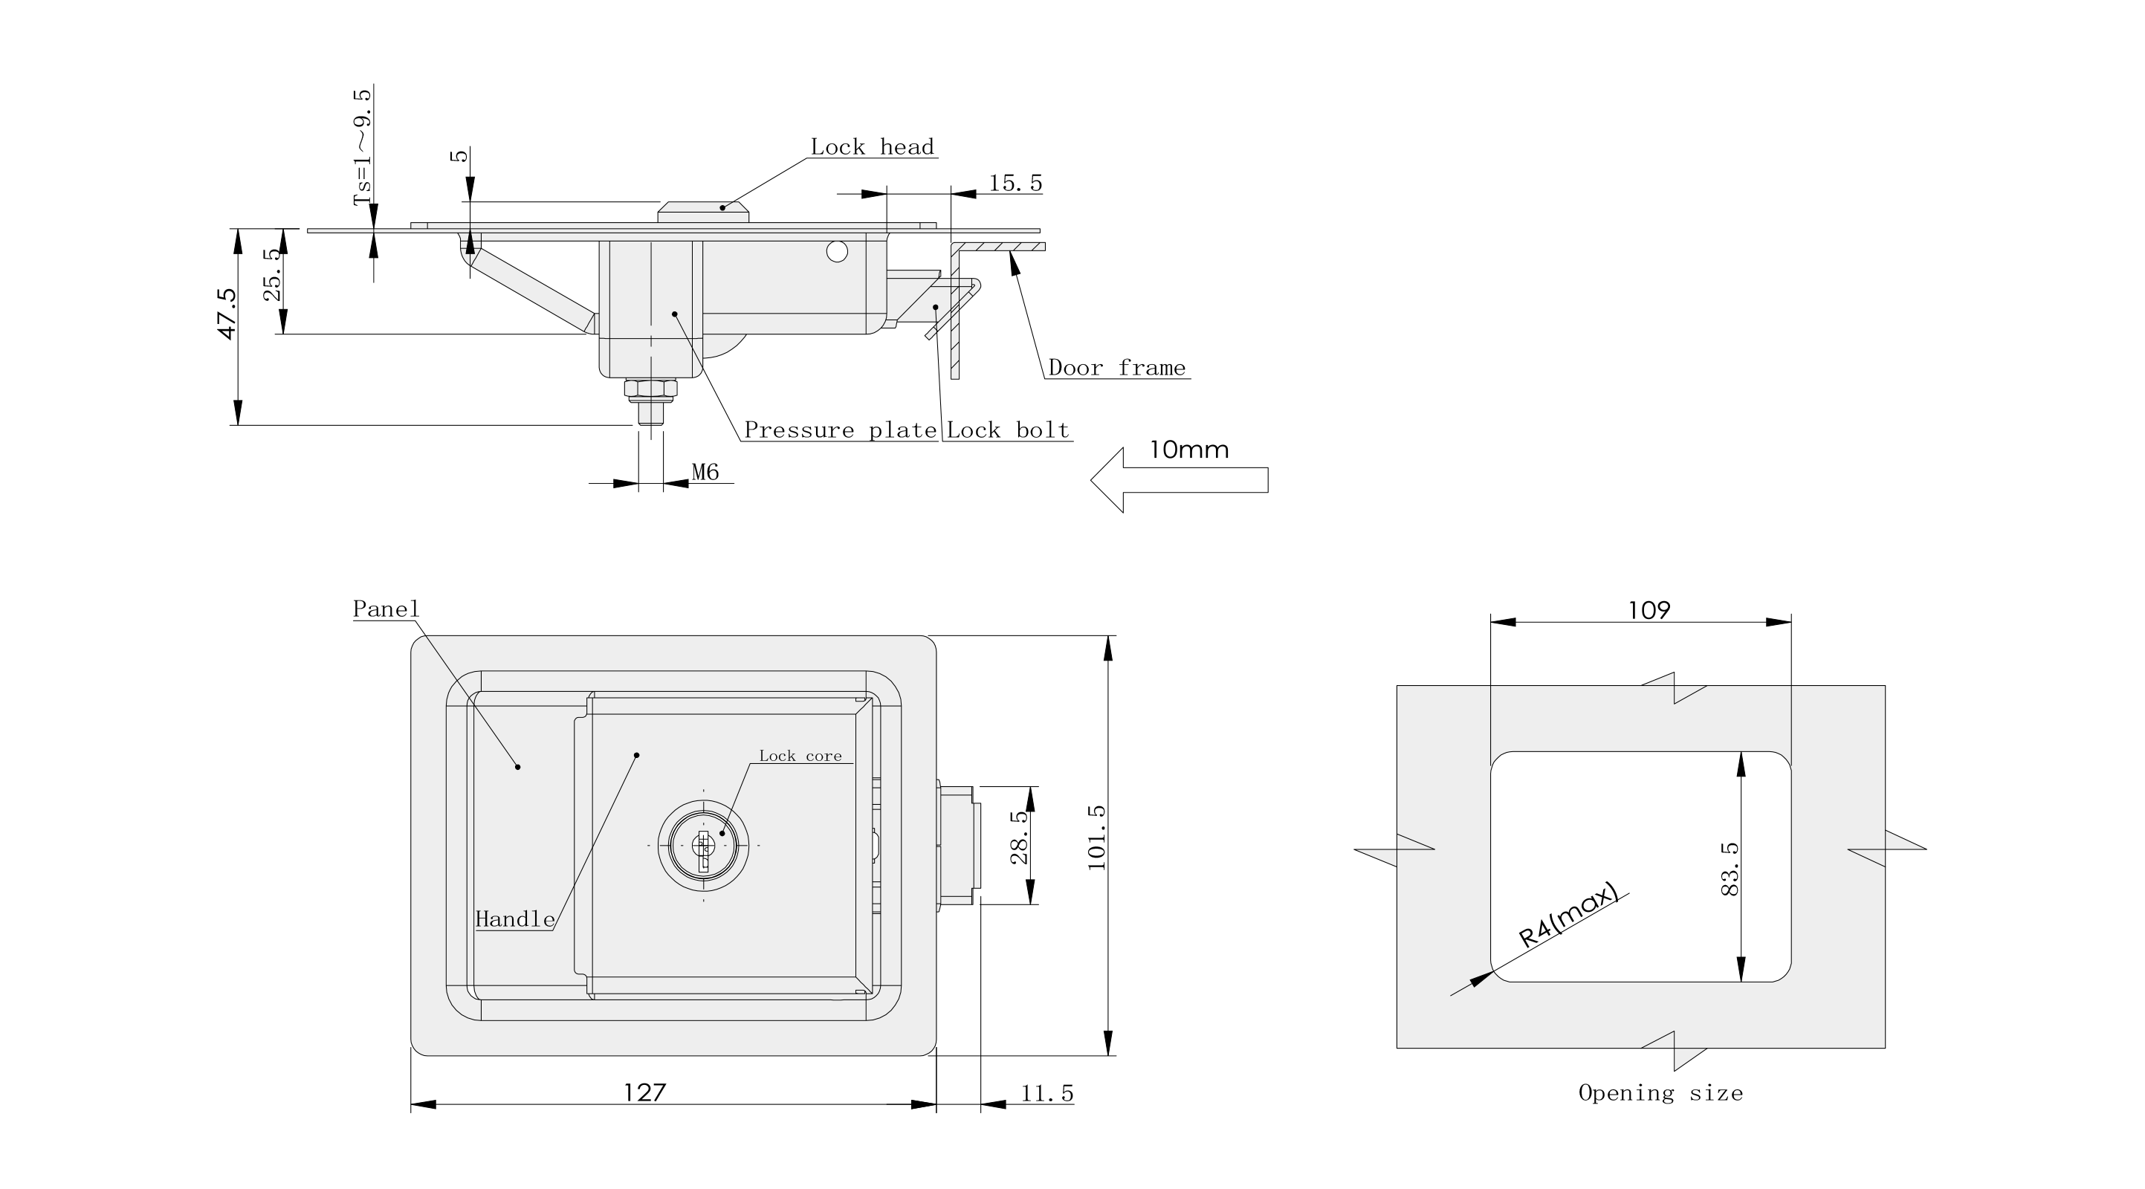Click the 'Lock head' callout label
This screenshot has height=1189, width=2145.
(x=872, y=147)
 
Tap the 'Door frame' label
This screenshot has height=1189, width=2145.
(x=1116, y=368)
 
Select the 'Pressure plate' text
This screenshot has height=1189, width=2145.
(x=840, y=430)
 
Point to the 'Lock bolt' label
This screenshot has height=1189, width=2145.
(x=1008, y=430)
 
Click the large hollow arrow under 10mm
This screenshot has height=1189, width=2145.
(x=1179, y=480)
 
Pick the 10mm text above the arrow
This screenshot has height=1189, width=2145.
(x=1189, y=450)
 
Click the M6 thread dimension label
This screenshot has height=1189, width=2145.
(x=705, y=472)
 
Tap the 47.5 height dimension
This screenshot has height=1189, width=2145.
(x=227, y=314)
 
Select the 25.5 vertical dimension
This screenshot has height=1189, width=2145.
(x=272, y=275)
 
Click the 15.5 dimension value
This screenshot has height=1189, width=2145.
(x=1015, y=183)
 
